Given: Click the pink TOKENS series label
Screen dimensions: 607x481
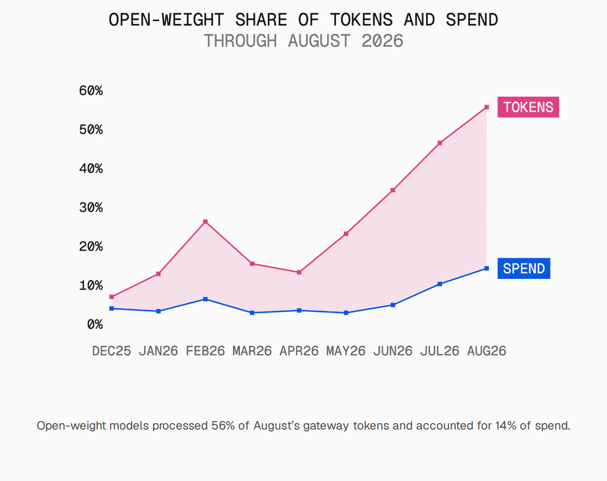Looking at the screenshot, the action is tap(528, 107).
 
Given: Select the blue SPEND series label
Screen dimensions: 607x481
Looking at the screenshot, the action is tap(524, 268).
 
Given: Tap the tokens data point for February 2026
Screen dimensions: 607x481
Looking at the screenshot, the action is tap(205, 222).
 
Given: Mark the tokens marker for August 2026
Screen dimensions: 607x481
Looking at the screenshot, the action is tap(487, 107).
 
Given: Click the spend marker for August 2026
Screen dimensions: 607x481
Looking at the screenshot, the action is tap(487, 268).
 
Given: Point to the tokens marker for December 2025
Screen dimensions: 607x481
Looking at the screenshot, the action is tap(112, 297).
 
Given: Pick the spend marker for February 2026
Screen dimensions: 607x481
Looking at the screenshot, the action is tap(205, 299).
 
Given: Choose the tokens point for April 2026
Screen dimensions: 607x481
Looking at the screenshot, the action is tap(299, 272).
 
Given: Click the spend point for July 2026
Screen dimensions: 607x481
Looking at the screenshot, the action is tap(440, 284).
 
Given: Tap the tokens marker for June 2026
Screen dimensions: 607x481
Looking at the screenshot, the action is tap(393, 190).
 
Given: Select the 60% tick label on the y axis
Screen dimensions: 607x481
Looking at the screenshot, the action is tap(91, 91).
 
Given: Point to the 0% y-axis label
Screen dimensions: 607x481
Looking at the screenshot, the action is tap(95, 325).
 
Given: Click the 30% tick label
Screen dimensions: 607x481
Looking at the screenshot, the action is tap(91, 208).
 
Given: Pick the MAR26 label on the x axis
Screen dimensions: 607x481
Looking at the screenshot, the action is tap(252, 351).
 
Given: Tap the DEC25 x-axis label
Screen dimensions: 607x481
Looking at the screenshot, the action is tap(112, 351).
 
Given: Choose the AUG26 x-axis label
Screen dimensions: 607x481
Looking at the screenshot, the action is tap(487, 351).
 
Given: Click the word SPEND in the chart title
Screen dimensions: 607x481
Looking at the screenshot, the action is tap(472, 20).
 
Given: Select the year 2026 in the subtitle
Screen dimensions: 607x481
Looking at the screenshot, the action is tap(382, 41).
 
